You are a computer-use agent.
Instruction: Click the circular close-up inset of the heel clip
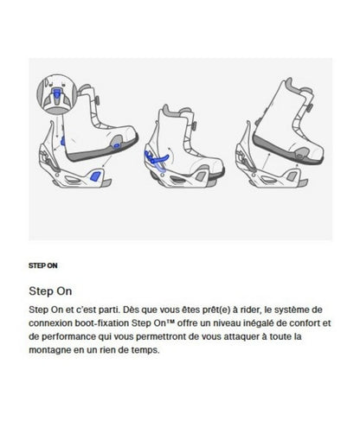click(x=57, y=94)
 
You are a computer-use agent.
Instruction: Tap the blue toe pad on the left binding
click(x=95, y=176)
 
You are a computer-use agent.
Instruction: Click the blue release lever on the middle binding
click(x=157, y=158)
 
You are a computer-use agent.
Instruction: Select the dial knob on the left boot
click(x=97, y=101)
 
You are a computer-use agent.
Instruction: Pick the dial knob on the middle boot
click(x=195, y=126)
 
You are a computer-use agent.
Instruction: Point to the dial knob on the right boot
click(x=310, y=108)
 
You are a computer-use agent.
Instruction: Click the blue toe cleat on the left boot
click(x=117, y=145)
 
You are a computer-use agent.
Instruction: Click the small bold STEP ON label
click(x=43, y=265)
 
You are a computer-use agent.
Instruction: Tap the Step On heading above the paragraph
click(x=50, y=291)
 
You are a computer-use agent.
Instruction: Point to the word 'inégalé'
click(x=258, y=323)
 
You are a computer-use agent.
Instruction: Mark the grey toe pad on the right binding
click(x=292, y=176)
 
